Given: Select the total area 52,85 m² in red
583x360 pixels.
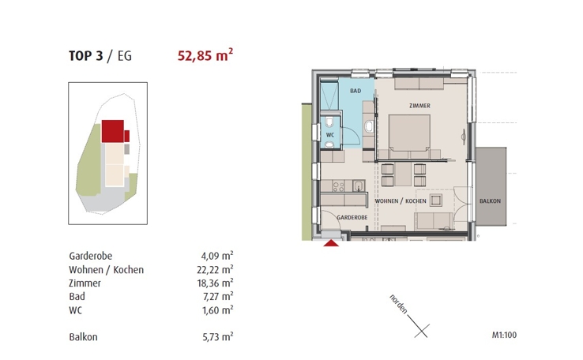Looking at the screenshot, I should (204, 55).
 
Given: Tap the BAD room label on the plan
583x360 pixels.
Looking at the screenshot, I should (355, 92).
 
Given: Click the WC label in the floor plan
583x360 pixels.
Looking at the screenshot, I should (330, 134).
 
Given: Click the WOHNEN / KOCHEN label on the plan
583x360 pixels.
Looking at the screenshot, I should (398, 202).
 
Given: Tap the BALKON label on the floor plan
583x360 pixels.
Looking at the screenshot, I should (490, 202).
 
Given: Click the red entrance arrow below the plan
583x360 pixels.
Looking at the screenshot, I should (333, 244).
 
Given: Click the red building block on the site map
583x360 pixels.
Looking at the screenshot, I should (114, 130).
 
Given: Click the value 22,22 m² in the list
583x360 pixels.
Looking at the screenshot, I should (215, 270).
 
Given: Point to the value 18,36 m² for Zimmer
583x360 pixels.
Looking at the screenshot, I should (215, 283).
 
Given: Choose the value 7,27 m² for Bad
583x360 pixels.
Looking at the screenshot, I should (216, 297).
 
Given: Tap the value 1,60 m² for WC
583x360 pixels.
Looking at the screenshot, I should (216, 310).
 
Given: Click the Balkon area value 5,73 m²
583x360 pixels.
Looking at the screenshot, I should (216, 337).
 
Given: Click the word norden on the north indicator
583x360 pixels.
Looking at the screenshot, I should (397, 304).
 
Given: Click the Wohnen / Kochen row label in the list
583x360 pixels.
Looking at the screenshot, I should (107, 270).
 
